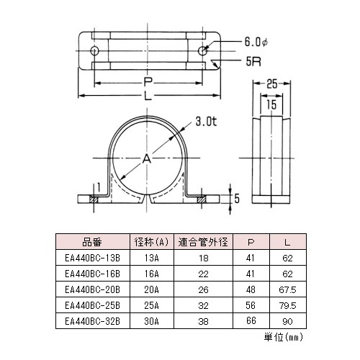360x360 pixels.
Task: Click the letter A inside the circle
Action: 148,158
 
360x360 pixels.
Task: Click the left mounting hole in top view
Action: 94,50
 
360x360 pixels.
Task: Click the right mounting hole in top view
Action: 204,50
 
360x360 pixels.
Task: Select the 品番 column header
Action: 93,242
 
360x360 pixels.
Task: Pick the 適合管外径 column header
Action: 202,242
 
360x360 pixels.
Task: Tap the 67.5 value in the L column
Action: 288,289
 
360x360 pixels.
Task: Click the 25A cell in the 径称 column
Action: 151,305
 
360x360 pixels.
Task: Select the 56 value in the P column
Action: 251,305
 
